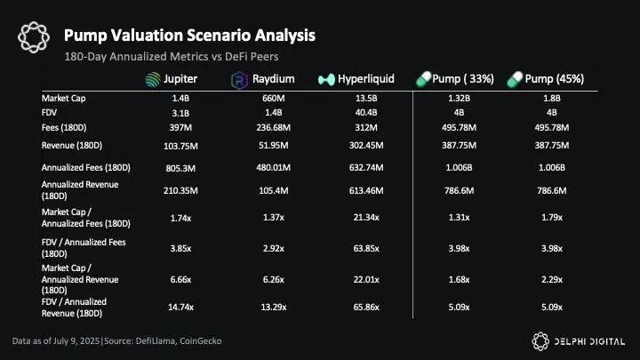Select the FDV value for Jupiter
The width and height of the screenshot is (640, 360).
(180, 113)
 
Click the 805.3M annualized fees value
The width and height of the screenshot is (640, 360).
(180, 166)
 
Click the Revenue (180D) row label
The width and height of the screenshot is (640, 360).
(70, 144)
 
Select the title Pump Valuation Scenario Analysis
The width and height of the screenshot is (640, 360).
(189, 36)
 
